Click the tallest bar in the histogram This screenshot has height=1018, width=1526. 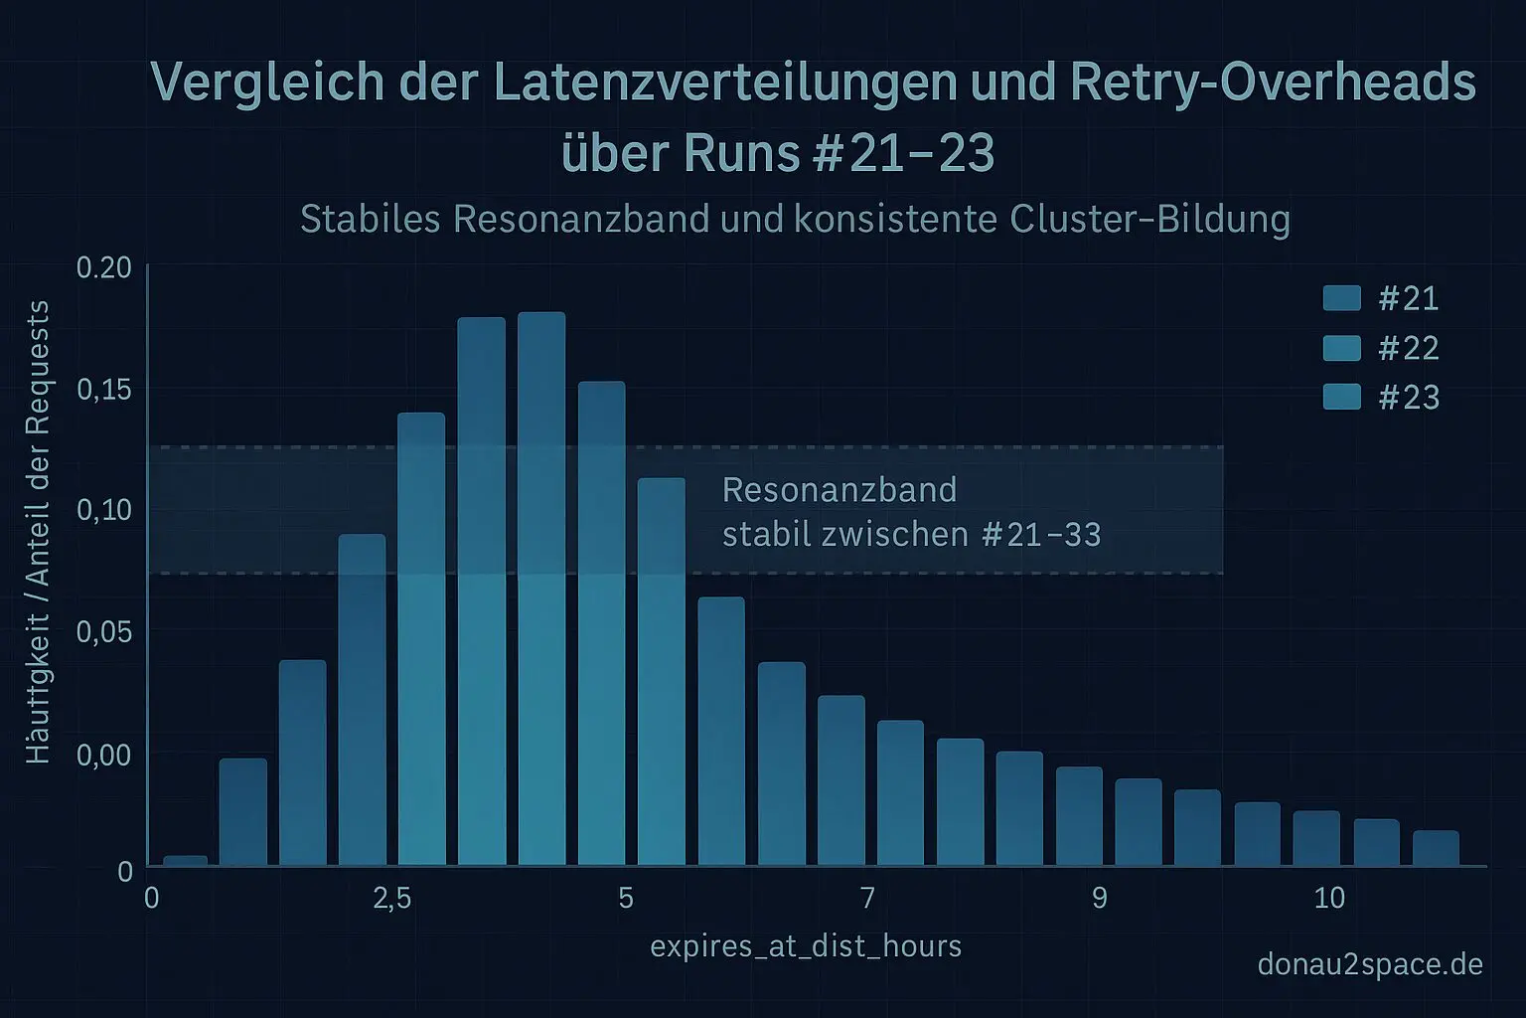(x=541, y=587)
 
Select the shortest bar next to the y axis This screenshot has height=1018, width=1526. (x=185, y=860)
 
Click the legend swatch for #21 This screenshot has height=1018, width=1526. (x=1342, y=298)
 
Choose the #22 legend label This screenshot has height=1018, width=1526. (x=1409, y=348)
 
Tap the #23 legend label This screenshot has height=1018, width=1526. (x=1409, y=398)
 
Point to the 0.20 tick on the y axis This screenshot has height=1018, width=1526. (x=103, y=267)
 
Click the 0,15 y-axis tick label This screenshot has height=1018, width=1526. (x=103, y=389)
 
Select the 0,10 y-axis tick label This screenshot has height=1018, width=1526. (x=103, y=510)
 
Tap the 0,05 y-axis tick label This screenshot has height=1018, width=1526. (x=103, y=632)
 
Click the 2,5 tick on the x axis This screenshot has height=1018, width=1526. (x=391, y=899)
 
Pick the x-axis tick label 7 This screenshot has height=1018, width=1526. (x=867, y=899)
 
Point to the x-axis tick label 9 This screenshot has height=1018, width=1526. (x=1099, y=899)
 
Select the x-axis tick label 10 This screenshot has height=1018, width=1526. (x=1329, y=899)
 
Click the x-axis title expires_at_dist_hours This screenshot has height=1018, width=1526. (x=806, y=945)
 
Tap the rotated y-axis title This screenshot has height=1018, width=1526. (x=38, y=532)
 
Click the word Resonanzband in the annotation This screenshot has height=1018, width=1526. (x=839, y=490)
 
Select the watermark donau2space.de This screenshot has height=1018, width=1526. (x=1370, y=964)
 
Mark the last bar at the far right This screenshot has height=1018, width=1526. (x=1436, y=848)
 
